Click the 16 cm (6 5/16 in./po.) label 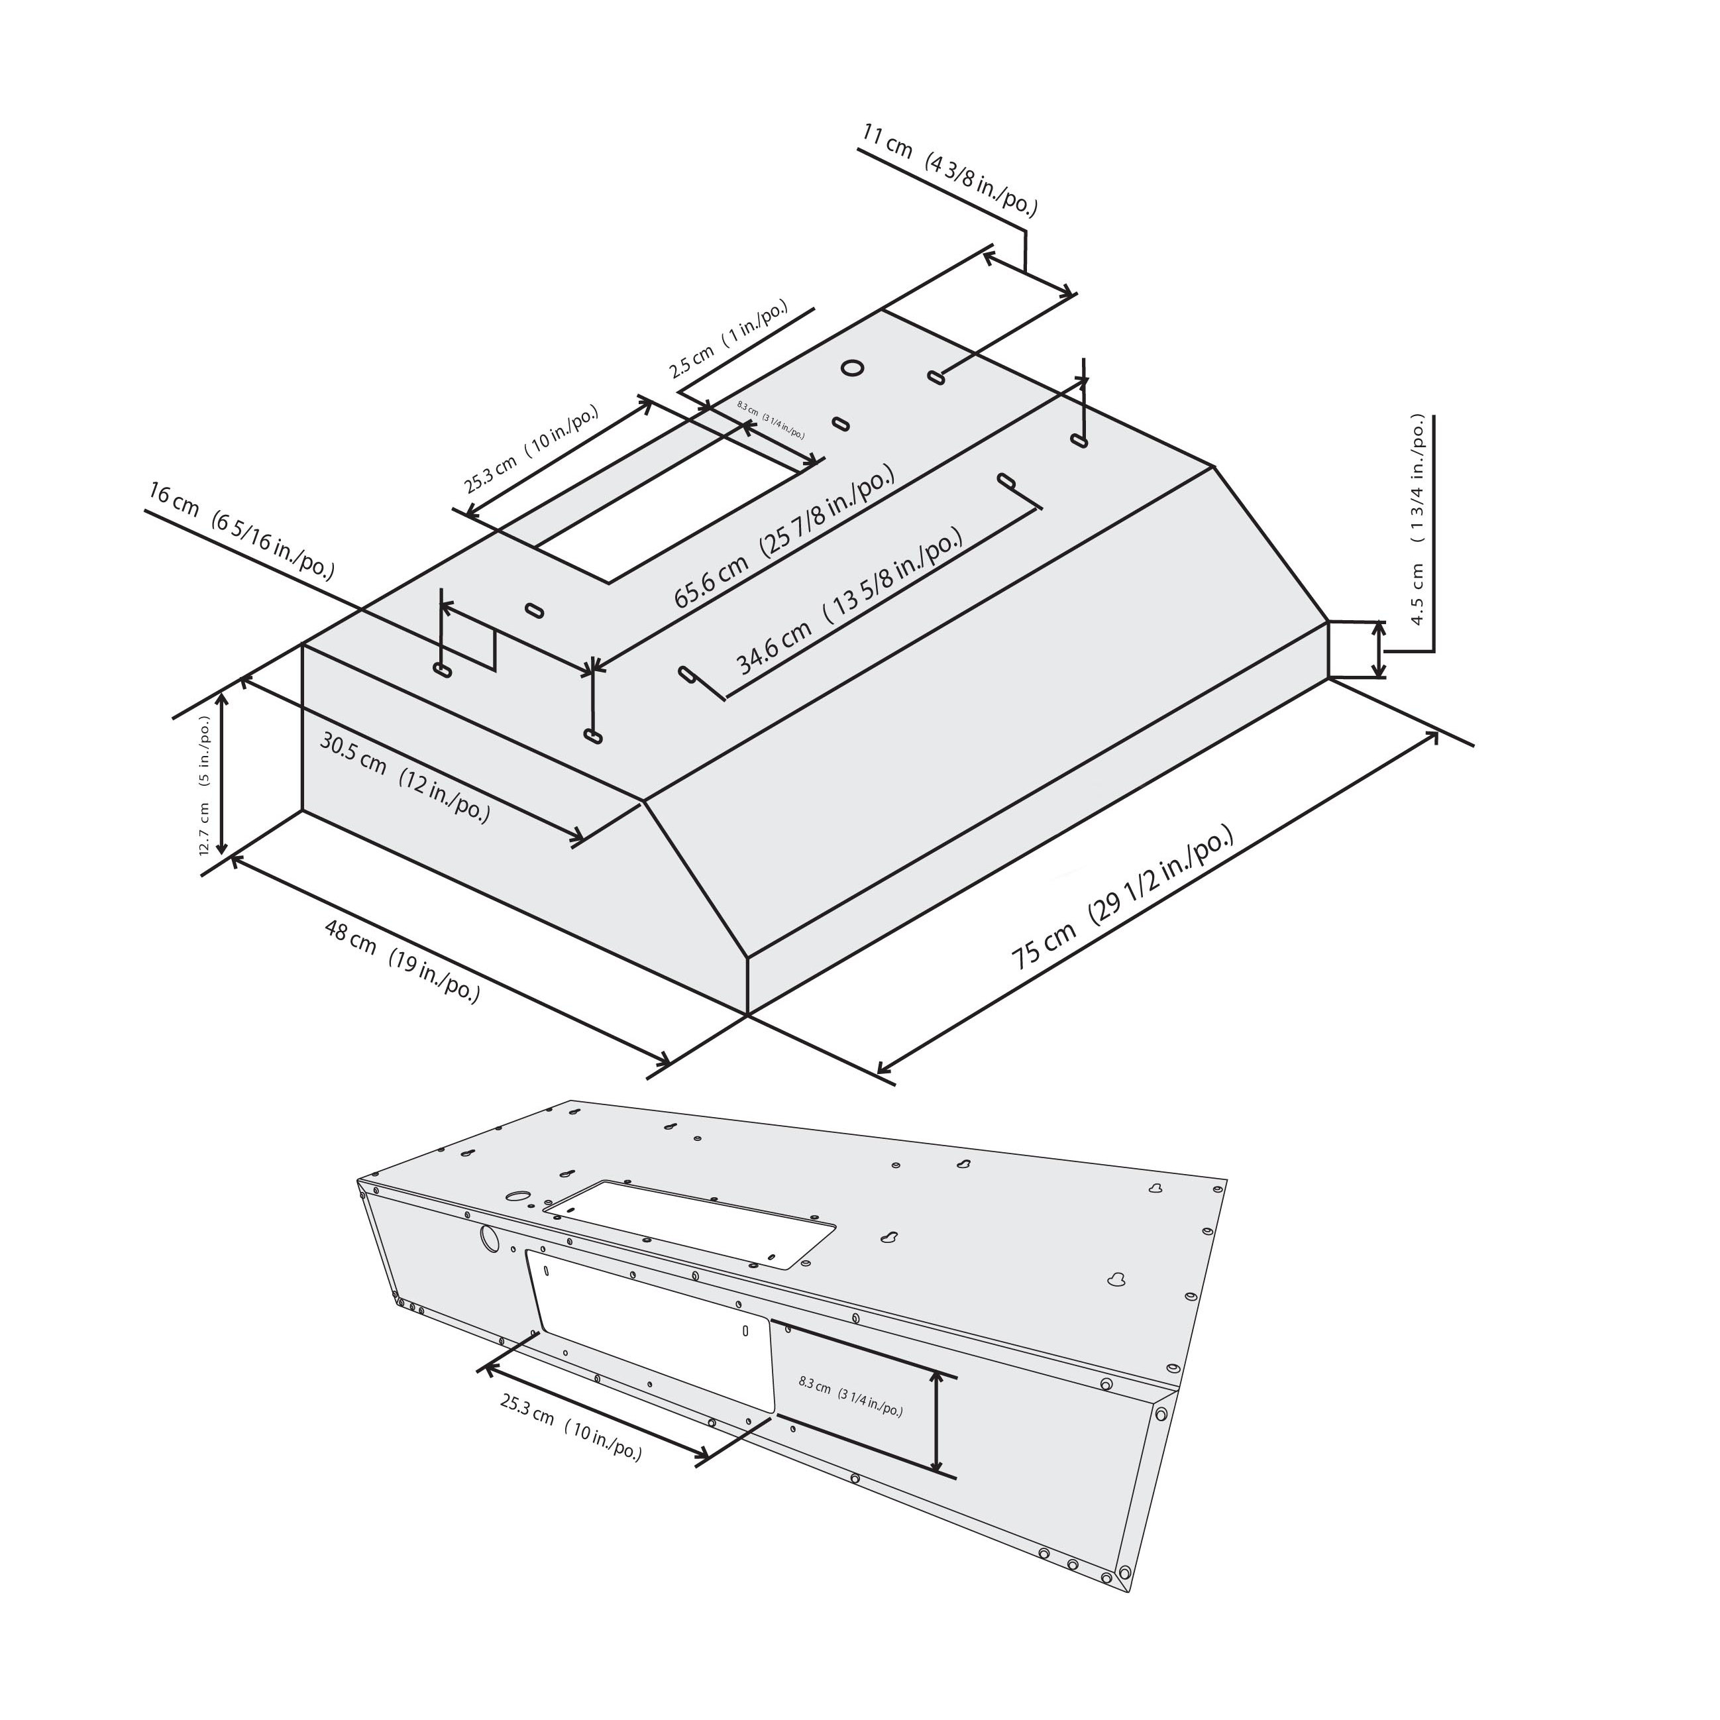click(x=241, y=531)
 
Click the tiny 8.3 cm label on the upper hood click(x=771, y=420)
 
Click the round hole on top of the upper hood click(x=852, y=368)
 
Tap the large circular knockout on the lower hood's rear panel click(x=490, y=1238)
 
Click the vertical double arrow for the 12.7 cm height click(x=223, y=773)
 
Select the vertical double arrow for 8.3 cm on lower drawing click(x=936, y=1422)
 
